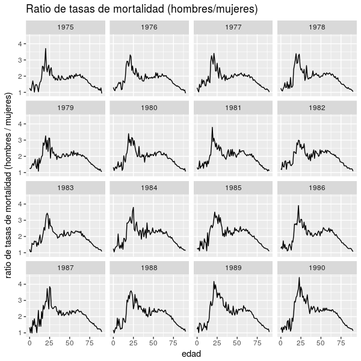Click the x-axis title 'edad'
(x=191, y=354)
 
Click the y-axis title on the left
(x=9, y=185)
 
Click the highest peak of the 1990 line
(x=299, y=277)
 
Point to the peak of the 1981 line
(x=212, y=128)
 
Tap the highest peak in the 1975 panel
(x=46, y=49)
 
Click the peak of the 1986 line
(x=298, y=206)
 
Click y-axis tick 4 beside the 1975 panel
(x=20, y=44)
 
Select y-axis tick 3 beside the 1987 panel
(x=20, y=300)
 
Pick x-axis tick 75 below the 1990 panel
(x=343, y=342)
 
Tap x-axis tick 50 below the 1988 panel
(x=155, y=342)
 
